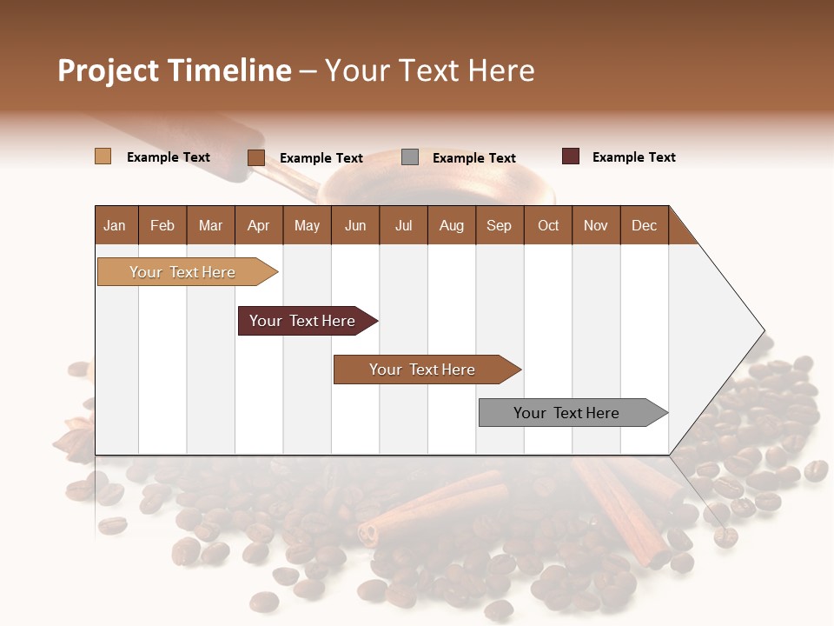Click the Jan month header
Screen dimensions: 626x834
click(x=115, y=225)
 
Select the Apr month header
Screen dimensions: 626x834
click(x=258, y=225)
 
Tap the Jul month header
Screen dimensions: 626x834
click(x=403, y=225)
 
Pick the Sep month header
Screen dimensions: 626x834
click(x=499, y=225)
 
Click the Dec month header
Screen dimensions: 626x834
click(x=644, y=225)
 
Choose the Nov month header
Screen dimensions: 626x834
click(x=595, y=225)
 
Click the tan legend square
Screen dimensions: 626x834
click(x=103, y=156)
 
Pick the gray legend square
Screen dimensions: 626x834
click(x=410, y=157)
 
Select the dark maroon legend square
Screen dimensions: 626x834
click(x=570, y=156)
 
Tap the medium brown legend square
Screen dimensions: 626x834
click(x=255, y=157)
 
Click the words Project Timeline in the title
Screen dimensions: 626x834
click(x=174, y=70)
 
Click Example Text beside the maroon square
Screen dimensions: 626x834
click(x=633, y=157)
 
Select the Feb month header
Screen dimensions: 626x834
click(x=162, y=225)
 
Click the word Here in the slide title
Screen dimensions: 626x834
click(x=501, y=70)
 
